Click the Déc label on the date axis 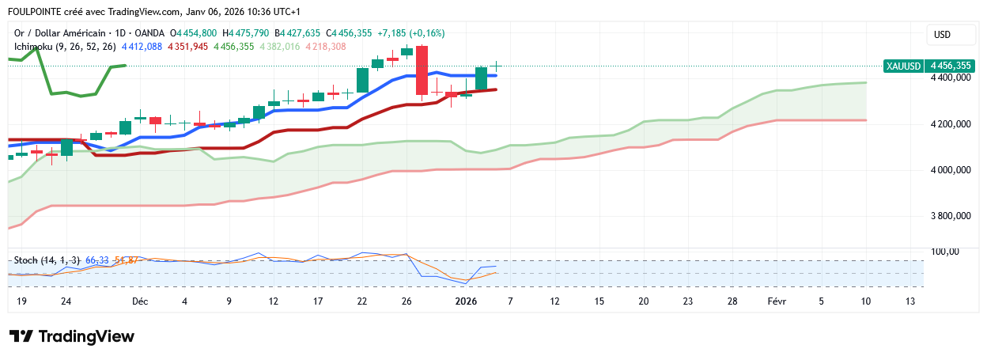point(140,301)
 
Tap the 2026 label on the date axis point(466,301)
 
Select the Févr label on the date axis point(777,301)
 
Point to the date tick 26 point(407,301)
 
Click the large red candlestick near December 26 point(422,70)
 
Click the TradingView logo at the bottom point(72,336)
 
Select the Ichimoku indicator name point(36,47)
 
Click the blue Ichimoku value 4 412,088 point(142,47)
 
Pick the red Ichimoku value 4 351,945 point(187,47)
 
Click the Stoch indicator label point(26,260)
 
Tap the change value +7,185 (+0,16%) point(411,33)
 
